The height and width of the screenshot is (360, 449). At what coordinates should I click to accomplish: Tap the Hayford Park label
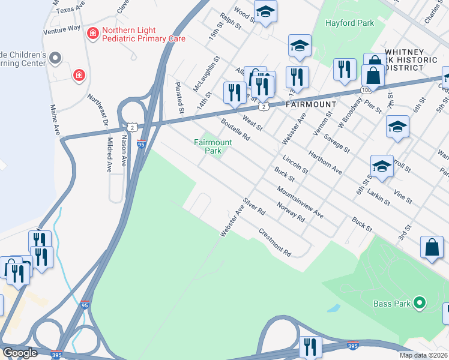tap(349, 23)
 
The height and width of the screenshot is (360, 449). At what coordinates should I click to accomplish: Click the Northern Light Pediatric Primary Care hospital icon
tap(93, 32)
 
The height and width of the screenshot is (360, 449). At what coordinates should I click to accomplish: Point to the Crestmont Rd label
tap(274, 242)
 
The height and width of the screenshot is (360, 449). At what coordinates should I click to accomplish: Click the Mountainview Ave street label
tap(300, 202)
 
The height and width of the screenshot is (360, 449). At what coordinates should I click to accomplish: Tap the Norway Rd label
tap(292, 211)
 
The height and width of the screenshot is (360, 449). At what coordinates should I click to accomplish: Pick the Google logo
tap(20, 353)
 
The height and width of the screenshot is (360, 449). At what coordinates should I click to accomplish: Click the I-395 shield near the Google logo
tap(57, 355)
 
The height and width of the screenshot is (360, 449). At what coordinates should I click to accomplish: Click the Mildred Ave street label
tap(109, 154)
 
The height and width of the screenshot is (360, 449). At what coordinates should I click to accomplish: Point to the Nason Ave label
tap(124, 150)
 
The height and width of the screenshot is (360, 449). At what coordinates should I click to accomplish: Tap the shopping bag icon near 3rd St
tap(432, 247)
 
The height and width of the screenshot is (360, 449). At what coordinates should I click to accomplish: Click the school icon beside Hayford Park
tap(299, 46)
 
